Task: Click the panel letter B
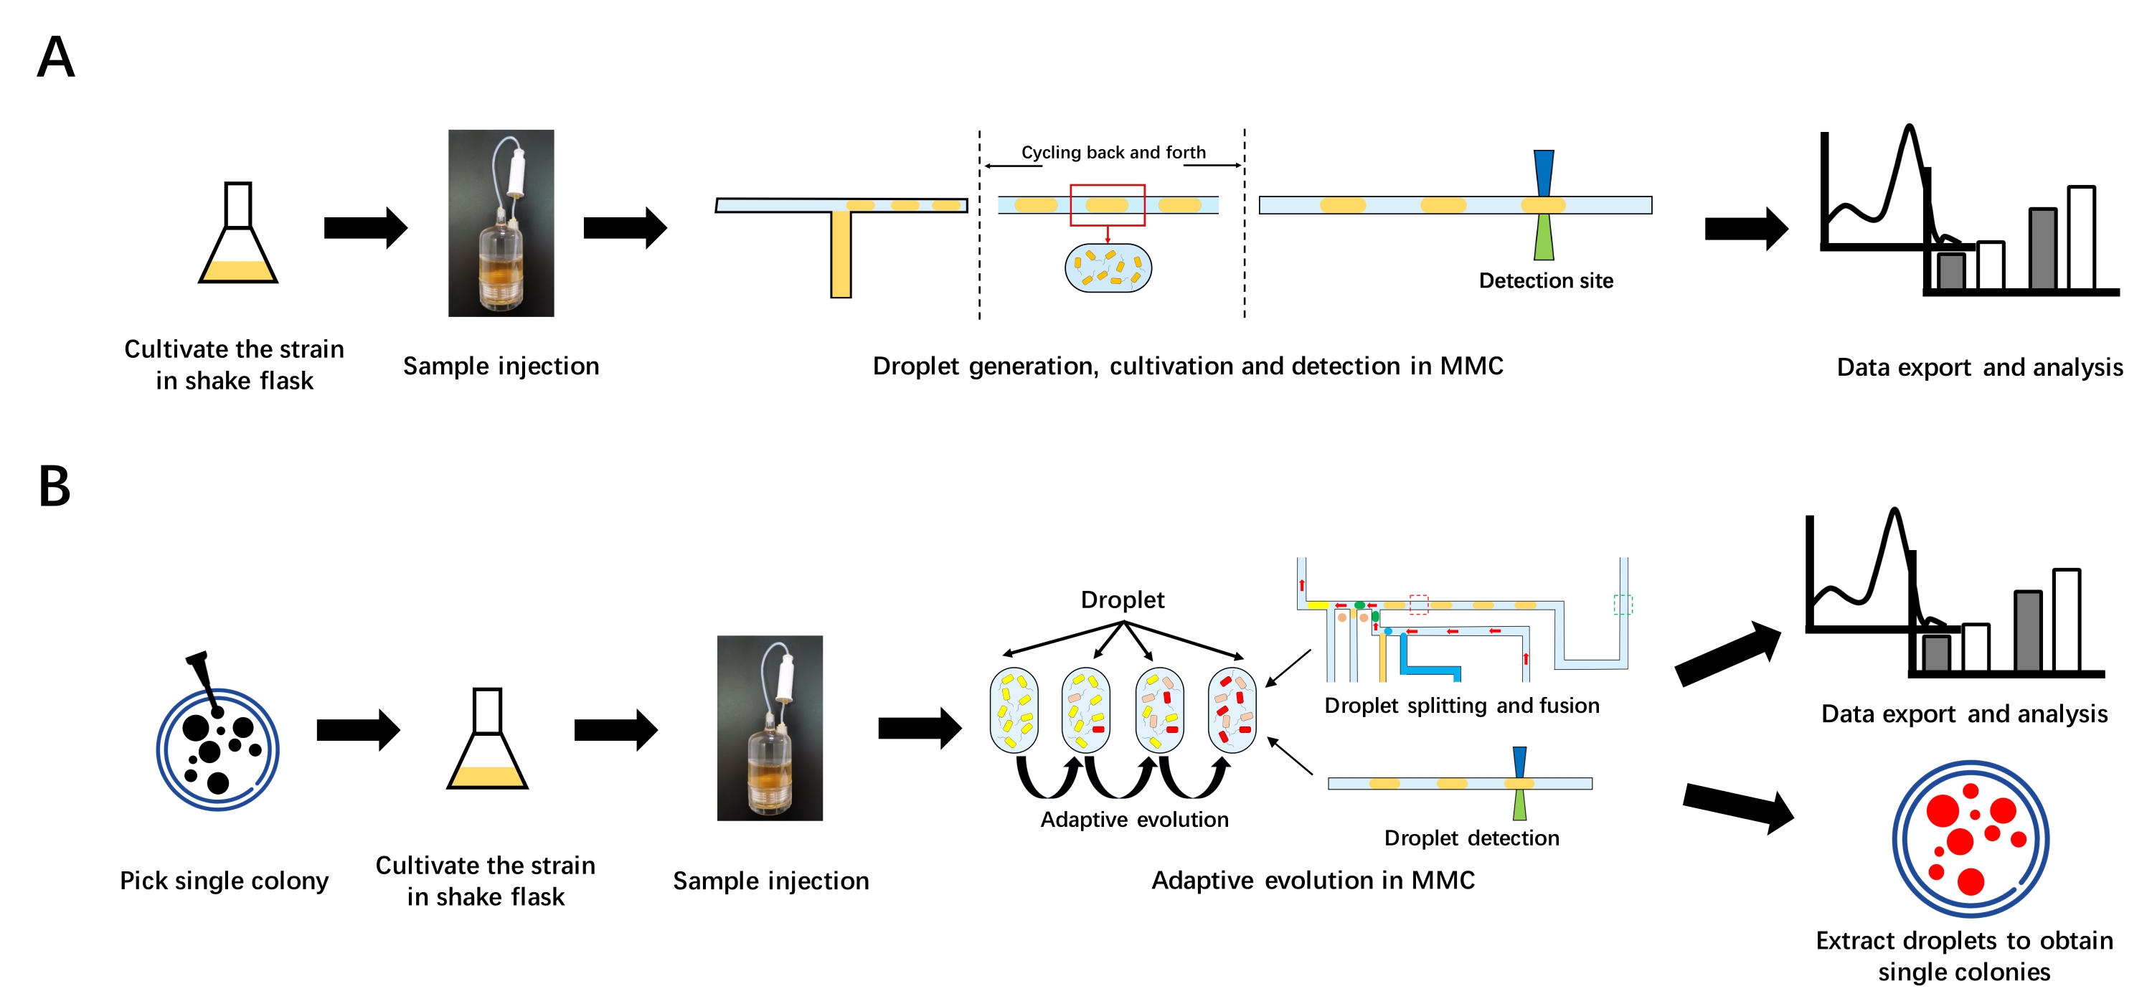(55, 486)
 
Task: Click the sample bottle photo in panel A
(501, 223)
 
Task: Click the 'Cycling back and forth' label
(1113, 152)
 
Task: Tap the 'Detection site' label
(1546, 280)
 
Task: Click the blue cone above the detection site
(1544, 172)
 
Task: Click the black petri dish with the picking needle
(217, 747)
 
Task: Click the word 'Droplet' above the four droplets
(1122, 600)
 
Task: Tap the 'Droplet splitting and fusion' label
(1461, 706)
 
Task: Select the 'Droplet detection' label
(1471, 838)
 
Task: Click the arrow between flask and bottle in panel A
(365, 227)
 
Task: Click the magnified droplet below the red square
(1108, 268)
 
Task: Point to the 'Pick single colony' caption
(224, 881)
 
